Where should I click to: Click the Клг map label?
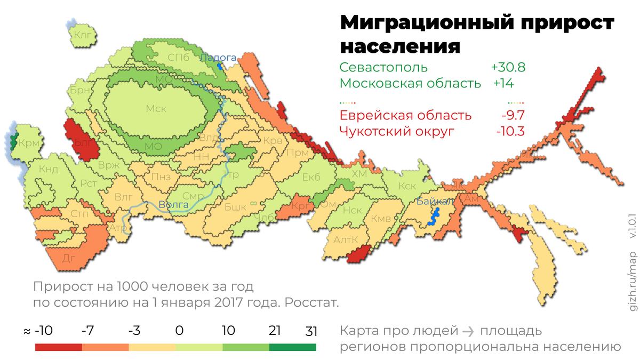(84, 36)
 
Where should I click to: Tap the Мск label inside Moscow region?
(156, 109)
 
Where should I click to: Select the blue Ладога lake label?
(218, 57)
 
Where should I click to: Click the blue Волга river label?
(173, 204)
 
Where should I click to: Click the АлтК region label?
(346, 240)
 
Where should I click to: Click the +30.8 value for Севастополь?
(508, 68)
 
